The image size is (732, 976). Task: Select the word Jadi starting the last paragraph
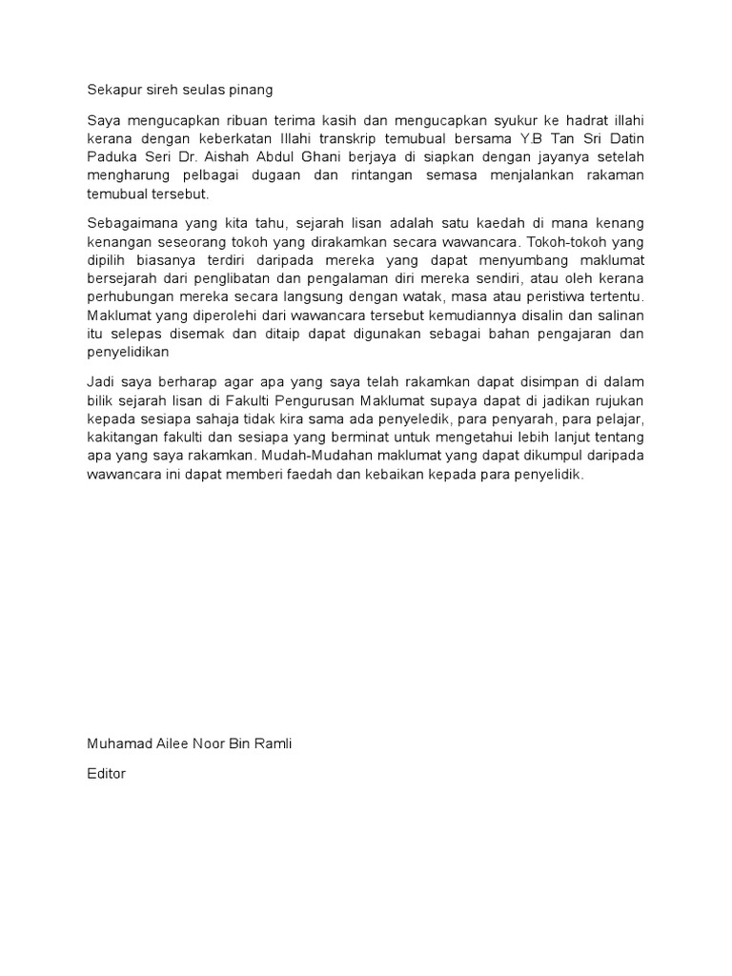[x=100, y=381]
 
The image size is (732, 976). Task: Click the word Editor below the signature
[x=106, y=774]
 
